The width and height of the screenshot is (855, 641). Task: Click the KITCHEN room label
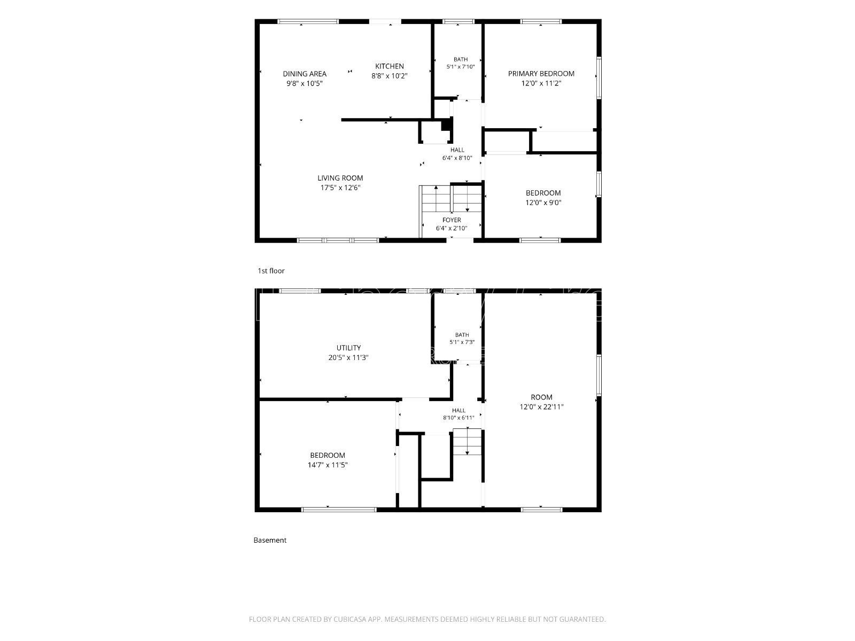pos(389,66)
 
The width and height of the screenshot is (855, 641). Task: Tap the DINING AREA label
pos(304,74)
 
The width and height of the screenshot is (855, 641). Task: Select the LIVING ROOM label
pos(340,178)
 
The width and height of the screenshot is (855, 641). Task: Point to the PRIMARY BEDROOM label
pos(541,74)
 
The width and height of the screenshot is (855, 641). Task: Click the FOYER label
pos(452,220)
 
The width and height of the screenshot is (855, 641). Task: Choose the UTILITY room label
pos(348,348)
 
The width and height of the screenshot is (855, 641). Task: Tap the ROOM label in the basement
pos(541,397)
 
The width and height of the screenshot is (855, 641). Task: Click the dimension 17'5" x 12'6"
pos(340,187)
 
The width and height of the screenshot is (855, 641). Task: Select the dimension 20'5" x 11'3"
pos(348,357)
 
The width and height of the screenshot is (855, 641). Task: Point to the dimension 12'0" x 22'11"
pos(541,407)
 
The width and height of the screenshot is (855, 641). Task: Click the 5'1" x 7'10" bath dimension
pos(461,67)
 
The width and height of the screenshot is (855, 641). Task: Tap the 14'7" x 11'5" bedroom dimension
pos(327,465)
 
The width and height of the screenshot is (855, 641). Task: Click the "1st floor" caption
pos(271,271)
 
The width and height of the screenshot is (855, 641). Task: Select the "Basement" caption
pos(270,540)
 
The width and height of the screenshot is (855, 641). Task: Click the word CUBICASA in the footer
pos(349,619)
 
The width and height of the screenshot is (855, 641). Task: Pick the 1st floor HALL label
pos(457,150)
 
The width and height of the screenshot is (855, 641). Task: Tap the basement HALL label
pos(459,410)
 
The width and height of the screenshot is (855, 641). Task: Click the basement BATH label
pos(462,335)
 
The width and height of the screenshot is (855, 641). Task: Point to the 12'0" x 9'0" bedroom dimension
pos(543,202)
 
